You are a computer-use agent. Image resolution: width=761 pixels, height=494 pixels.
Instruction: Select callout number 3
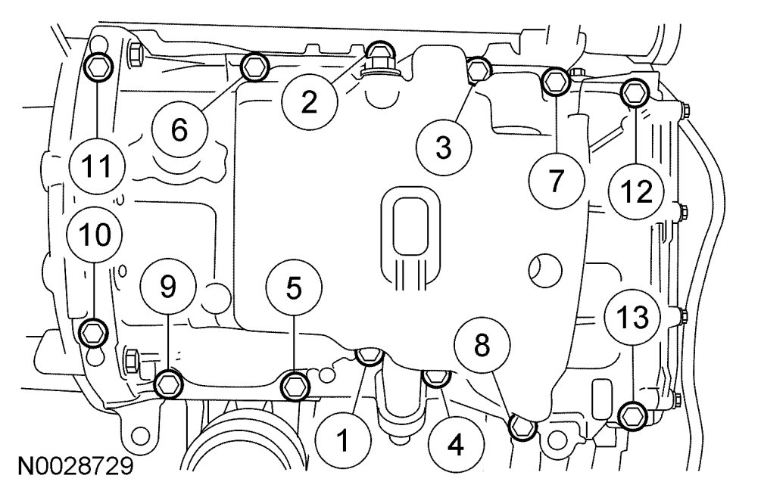443,147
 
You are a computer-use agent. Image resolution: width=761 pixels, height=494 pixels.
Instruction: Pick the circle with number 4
455,446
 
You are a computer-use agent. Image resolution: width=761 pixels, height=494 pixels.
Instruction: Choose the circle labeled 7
557,180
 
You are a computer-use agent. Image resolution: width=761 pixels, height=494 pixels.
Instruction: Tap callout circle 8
482,346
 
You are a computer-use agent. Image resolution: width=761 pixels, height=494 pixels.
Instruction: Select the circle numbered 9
168,286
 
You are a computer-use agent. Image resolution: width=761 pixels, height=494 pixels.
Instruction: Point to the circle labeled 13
632,318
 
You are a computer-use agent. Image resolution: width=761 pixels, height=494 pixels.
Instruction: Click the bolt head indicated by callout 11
98,67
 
